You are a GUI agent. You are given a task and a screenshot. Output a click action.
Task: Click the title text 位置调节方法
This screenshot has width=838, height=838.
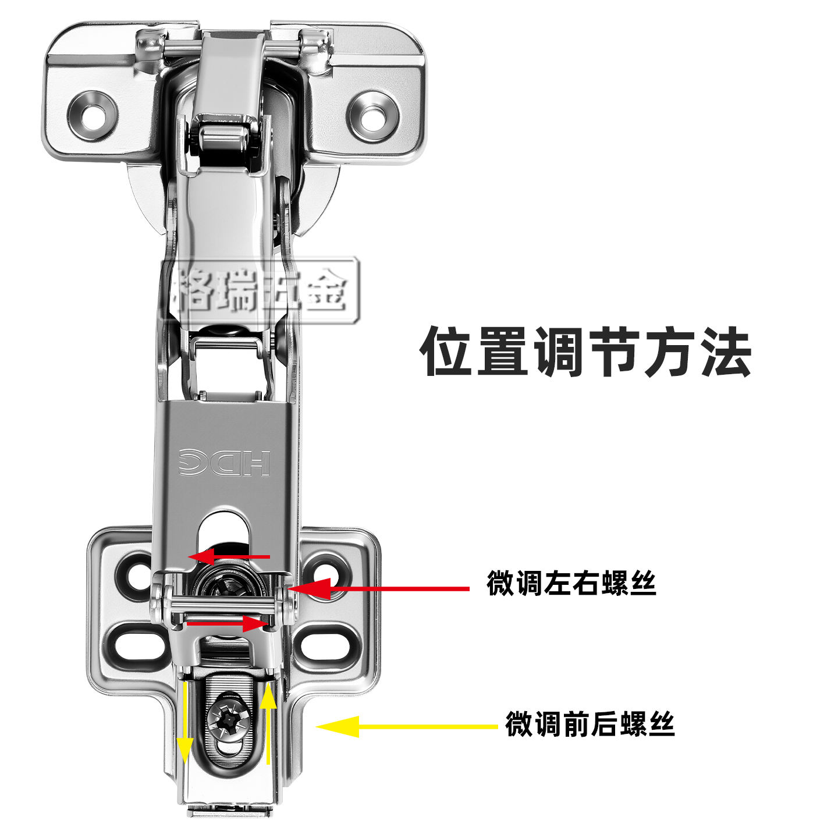[x=585, y=351]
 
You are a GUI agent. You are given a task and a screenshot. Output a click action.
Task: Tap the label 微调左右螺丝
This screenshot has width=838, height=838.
[x=571, y=583]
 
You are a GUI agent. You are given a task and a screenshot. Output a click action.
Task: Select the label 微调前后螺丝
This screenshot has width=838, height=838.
[x=590, y=723]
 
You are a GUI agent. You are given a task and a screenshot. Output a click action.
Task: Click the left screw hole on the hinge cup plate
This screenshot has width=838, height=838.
[x=93, y=116]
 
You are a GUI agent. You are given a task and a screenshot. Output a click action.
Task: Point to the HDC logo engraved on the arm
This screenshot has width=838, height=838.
[x=225, y=462]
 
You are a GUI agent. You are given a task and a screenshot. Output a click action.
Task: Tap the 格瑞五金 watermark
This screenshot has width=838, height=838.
[x=260, y=290]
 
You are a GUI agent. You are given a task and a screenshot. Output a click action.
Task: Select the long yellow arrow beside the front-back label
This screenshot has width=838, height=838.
[x=407, y=726]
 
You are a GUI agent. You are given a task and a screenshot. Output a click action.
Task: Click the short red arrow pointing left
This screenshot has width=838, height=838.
[x=229, y=556]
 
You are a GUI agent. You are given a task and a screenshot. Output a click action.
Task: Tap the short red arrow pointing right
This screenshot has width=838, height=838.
[x=227, y=624]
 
